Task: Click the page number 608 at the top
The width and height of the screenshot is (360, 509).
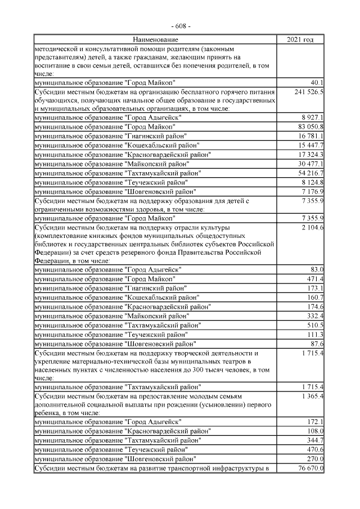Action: pyautogui.click(x=181, y=26)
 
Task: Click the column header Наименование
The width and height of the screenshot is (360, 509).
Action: pyautogui.click(x=155, y=39)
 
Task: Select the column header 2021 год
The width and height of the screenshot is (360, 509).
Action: pyautogui.click(x=300, y=39)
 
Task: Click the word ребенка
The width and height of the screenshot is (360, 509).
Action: pyautogui.click(x=48, y=415)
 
